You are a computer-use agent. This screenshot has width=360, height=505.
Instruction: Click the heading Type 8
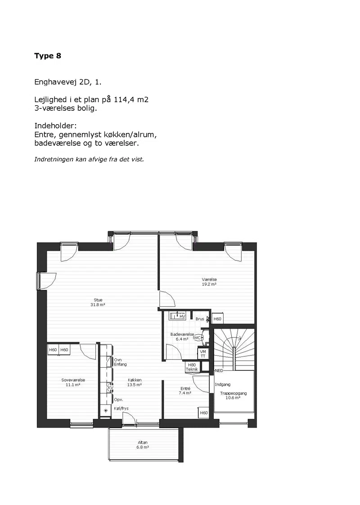click(x=48, y=56)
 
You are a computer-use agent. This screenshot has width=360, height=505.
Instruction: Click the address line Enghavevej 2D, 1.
click(x=68, y=82)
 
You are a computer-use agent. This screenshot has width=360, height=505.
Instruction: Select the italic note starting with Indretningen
click(x=89, y=159)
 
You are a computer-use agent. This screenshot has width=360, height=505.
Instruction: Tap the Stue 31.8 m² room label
click(x=98, y=302)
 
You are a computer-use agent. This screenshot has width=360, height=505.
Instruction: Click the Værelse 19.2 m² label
click(x=209, y=282)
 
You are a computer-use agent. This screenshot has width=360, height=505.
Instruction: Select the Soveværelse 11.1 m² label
click(x=73, y=382)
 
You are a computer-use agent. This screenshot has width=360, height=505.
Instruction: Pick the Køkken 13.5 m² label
click(x=135, y=382)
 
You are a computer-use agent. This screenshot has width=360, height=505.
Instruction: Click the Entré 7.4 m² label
click(x=185, y=391)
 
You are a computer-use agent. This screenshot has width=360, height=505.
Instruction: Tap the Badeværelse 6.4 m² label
click(x=182, y=337)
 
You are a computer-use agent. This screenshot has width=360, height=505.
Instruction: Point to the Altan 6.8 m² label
click(x=143, y=445)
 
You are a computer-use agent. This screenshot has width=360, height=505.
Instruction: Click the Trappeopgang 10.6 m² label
click(x=234, y=396)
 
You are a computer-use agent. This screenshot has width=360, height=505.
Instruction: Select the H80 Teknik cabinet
click(x=192, y=367)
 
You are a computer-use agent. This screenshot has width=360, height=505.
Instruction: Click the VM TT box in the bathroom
click(x=203, y=354)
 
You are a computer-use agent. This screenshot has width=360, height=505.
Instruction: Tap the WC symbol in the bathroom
click(x=198, y=338)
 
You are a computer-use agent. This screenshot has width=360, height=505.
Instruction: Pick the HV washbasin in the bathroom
click(x=177, y=316)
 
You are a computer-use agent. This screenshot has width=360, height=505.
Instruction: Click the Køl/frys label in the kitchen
click(x=121, y=408)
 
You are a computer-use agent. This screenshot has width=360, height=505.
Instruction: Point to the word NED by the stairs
click(x=219, y=371)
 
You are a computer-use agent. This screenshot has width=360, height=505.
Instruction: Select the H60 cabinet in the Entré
click(x=204, y=413)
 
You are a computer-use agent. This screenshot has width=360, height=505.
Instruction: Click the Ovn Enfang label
click(x=121, y=362)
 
